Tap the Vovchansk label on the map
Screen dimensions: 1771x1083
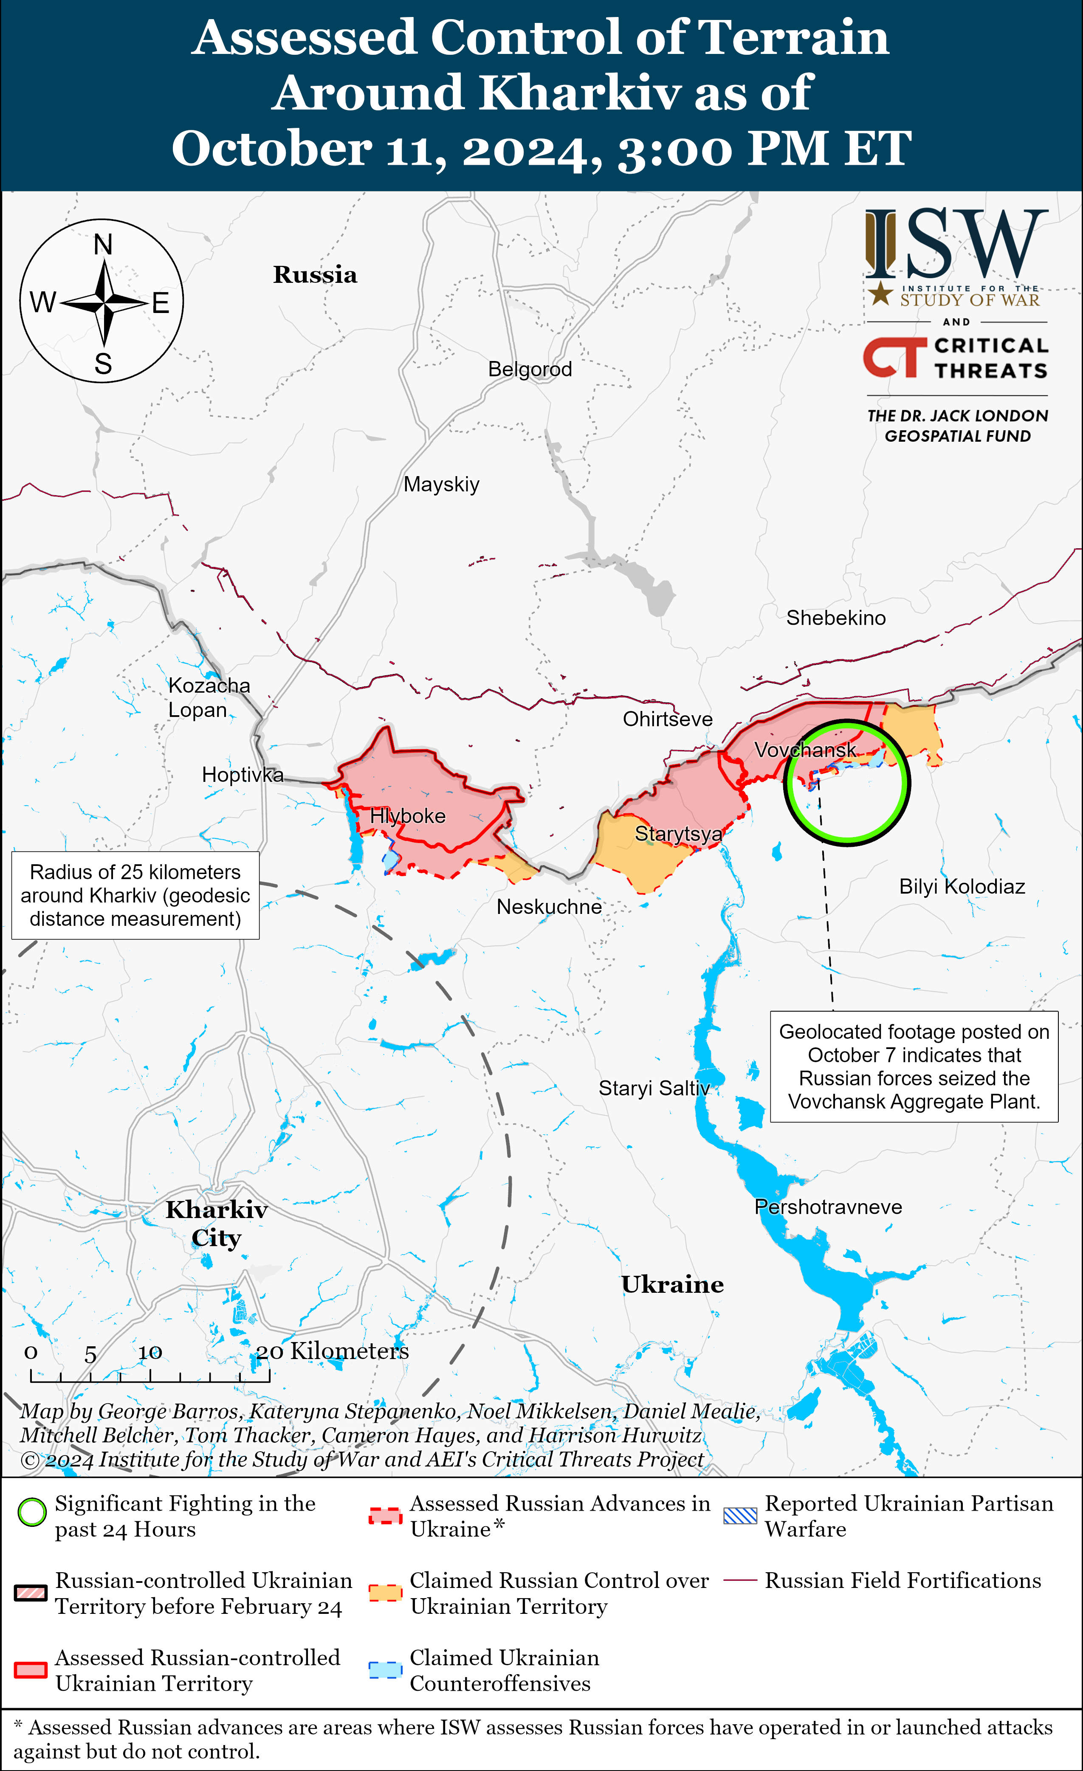pyautogui.click(x=805, y=750)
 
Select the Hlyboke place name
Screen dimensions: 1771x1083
pyautogui.click(x=407, y=816)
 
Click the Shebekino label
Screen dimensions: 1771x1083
pyautogui.click(x=836, y=618)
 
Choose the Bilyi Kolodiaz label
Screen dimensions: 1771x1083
pyautogui.click(x=962, y=886)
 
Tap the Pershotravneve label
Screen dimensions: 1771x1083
pyautogui.click(x=828, y=1207)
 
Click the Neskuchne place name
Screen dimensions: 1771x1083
pyautogui.click(x=549, y=907)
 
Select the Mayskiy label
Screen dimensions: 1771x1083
pyautogui.click(x=441, y=485)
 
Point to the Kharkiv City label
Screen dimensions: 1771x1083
pyautogui.click(x=216, y=1223)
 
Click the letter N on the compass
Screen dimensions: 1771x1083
pyautogui.click(x=104, y=244)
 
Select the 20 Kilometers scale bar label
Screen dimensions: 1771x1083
pyautogui.click(x=333, y=1351)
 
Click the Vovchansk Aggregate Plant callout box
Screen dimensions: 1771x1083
pyautogui.click(x=914, y=1066)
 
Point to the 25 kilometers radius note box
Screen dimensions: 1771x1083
pyautogui.click(x=135, y=896)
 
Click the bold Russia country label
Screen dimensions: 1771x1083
pyautogui.click(x=315, y=274)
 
